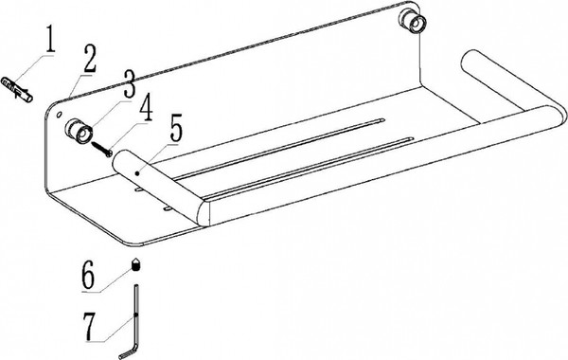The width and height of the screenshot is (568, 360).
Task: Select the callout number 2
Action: click(x=90, y=60)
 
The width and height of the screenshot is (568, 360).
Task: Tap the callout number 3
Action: click(x=129, y=84)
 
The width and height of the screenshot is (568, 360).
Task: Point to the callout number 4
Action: click(x=146, y=108)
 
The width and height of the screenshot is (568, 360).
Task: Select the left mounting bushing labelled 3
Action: click(x=78, y=131)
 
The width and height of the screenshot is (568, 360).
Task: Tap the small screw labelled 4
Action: click(x=102, y=149)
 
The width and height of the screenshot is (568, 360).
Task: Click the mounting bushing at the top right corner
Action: click(x=413, y=22)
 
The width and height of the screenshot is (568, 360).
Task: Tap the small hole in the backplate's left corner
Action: click(x=59, y=115)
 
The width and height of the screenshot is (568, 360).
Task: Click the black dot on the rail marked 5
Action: click(x=137, y=173)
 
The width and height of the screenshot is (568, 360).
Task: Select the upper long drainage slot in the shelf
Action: click(x=278, y=148)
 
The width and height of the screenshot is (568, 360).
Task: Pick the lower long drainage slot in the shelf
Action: click(x=308, y=168)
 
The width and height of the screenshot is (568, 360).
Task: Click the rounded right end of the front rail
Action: click(x=559, y=116)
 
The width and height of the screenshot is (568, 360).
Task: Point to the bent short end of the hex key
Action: click(x=128, y=352)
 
